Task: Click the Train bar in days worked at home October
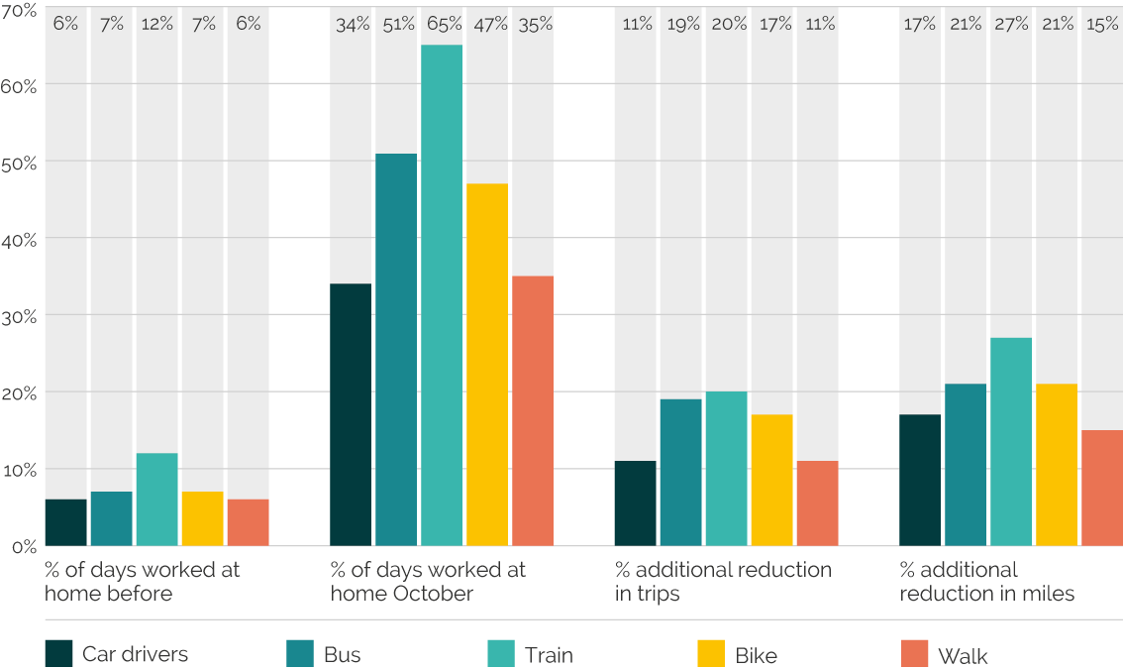pos(442,295)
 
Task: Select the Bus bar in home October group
pos(396,350)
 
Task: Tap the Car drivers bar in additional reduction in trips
pos(635,503)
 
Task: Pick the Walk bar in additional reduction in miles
pos(1102,489)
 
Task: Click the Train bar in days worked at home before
pos(156,500)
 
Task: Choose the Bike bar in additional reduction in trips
pos(772,481)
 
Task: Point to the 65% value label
pos(445,24)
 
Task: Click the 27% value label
pos(1011,25)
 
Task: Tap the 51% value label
pos(399,25)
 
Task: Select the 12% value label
pos(157,25)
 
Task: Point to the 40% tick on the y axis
pos(19,240)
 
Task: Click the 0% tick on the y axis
pos(25,547)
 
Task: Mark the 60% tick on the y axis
pos(19,87)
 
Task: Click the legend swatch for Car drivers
pos(58,654)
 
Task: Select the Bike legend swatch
pos(711,654)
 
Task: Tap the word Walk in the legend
pos(963,656)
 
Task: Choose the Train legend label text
pos(549,655)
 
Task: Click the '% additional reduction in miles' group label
pos(987,582)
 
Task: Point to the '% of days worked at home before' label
pos(142,582)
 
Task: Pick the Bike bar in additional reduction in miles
pos(1057,466)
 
